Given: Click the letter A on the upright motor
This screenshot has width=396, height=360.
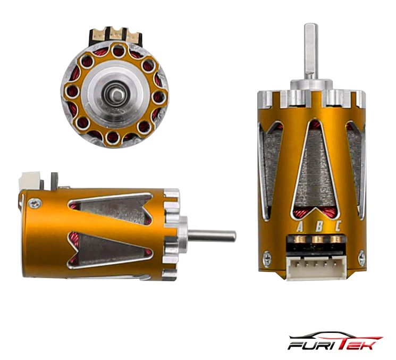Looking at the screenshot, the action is [300, 226].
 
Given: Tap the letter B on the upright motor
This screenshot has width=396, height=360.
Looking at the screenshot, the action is [319, 226].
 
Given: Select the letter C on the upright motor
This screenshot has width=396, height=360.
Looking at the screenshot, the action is [338, 226].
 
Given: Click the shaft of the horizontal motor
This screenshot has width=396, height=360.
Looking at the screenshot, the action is [212, 236].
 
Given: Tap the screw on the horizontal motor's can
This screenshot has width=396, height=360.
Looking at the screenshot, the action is [35, 204].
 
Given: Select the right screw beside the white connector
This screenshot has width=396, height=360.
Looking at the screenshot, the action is [361, 258].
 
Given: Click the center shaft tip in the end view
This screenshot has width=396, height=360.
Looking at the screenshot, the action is [116, 95].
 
